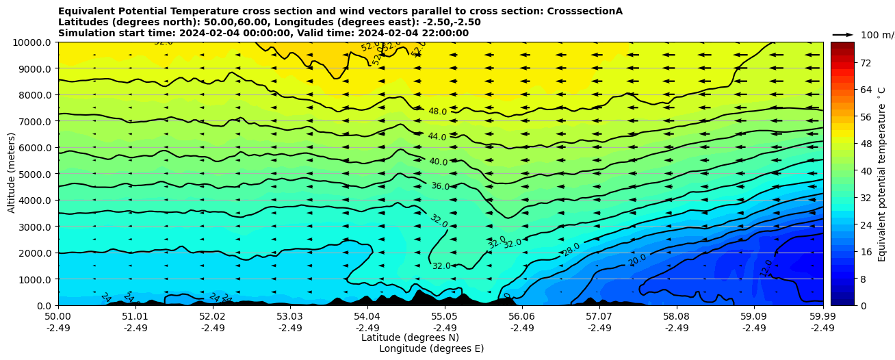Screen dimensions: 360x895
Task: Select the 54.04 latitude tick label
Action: click(x=367, y=317)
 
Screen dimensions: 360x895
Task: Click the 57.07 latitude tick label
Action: click(x=599, y=317)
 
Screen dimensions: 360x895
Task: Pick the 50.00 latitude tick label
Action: click(x=58, y=317)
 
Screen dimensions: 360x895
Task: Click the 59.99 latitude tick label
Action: click(x=822, y=317)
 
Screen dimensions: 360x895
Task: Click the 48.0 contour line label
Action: click(x=437, y=112)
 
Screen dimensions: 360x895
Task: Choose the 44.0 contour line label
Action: click(x=437, y=137)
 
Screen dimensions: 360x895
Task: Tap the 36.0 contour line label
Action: click(x=440, y=186)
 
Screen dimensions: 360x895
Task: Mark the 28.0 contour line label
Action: click(x=571, y=249)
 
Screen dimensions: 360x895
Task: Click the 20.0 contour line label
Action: click(x=638, y=260)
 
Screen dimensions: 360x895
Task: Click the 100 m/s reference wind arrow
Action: click(x=842, y=34)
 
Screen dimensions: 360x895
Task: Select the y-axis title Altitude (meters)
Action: click(x=12, y=174)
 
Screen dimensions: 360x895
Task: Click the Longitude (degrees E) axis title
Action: click(x=431, y=348)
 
